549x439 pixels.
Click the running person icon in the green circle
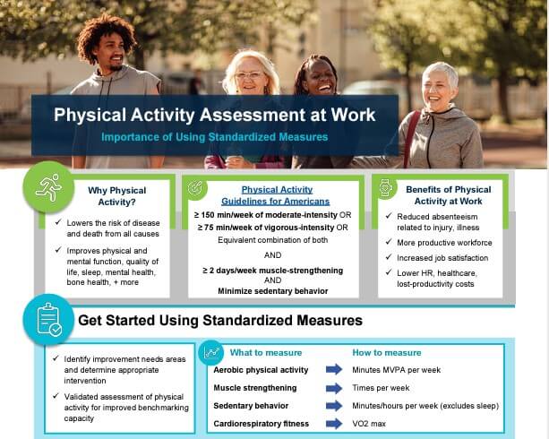click(x=48, y=187)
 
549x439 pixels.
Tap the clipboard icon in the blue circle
click(x=49, y=319)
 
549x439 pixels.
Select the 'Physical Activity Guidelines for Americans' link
click(x=276, y=195)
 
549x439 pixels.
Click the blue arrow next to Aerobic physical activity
click(x=334, y=369)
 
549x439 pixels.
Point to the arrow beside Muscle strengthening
click(x=334, y=388)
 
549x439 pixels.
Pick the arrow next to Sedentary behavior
click(x=334, y=406)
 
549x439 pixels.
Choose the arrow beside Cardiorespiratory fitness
click(x=334, y=424)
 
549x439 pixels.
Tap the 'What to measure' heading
click(x=266, y=353)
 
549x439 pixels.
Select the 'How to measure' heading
click(x=387, y=353)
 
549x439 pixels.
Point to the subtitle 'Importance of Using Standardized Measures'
click(x=215, y=137)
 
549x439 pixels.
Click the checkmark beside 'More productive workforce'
click(x=389, y=242)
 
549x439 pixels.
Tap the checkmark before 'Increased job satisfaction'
click(x=389, y=257)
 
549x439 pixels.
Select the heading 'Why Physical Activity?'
click(x=117, y=196)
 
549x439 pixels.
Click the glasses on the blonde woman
click(x=249, y=74)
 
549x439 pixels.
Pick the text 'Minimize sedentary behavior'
click(x=273, y=291)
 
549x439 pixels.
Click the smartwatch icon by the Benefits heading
click(x=385, y=188)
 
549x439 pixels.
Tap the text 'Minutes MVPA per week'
click(x=397, y=370)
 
